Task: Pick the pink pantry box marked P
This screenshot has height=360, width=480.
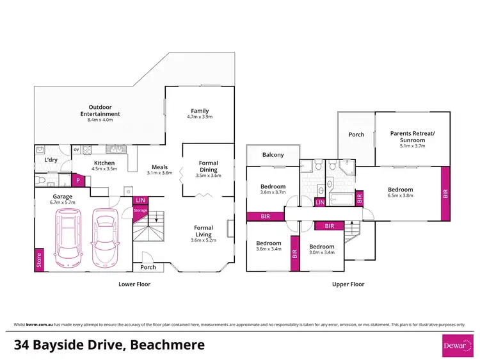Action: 77,181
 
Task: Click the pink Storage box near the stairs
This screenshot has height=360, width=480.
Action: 140,209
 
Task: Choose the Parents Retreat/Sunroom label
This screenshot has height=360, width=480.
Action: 412,137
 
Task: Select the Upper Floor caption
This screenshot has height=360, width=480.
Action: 348,284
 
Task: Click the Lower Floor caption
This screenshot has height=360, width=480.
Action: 134,284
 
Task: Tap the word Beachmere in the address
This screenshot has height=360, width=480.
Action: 168,345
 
